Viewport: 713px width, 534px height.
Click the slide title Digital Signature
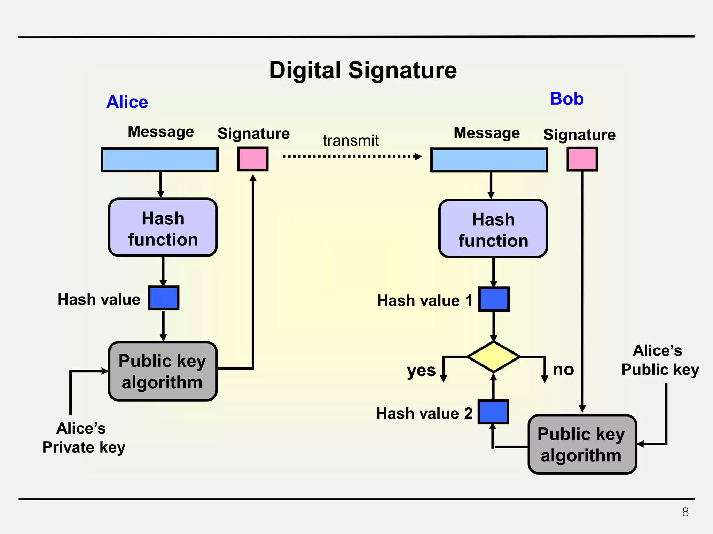coord(363,71)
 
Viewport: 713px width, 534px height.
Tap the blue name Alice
coord(127,102)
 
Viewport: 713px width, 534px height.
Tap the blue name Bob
coord(566,99)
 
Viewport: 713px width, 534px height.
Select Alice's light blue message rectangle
coord(159,160)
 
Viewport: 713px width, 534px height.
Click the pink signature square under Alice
coord(253,159)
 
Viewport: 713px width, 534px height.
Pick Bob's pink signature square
coord(582,159)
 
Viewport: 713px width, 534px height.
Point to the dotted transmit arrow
coord(352,156)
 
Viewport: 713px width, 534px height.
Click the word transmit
coord(350,141)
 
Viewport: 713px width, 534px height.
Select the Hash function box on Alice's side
coord(163,228)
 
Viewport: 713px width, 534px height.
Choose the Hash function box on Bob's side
coord(493,229)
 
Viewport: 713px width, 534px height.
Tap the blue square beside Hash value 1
coord(494,299)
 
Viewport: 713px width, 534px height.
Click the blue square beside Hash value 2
coord(493,412)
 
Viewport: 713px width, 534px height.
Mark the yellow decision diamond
coord(493,357)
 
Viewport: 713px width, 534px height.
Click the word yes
coord(421,371)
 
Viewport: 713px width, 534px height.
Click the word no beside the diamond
coord(563,369)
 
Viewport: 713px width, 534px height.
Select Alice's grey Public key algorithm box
coord(163,371)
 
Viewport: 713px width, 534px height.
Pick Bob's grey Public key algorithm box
coord(582,444)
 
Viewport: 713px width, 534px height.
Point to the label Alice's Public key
coord(659,360)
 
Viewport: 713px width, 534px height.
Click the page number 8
coord(685,512)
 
